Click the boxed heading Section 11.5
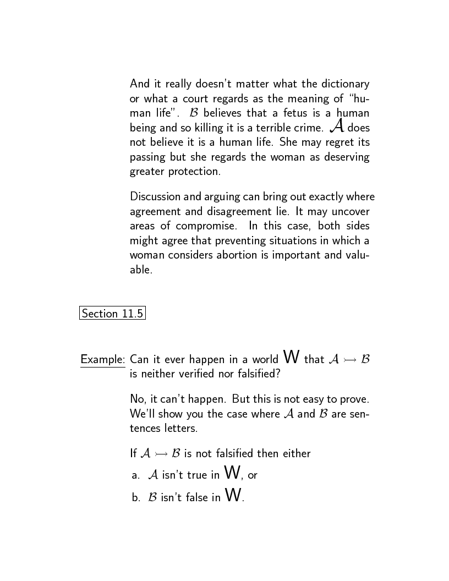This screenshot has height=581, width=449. tap(112, 314)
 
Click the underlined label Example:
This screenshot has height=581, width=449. tap(103, 360)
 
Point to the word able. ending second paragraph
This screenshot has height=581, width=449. tap(141, 270)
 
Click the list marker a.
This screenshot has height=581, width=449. tap(136, 475)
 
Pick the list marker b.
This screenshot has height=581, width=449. tap(136, 497)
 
